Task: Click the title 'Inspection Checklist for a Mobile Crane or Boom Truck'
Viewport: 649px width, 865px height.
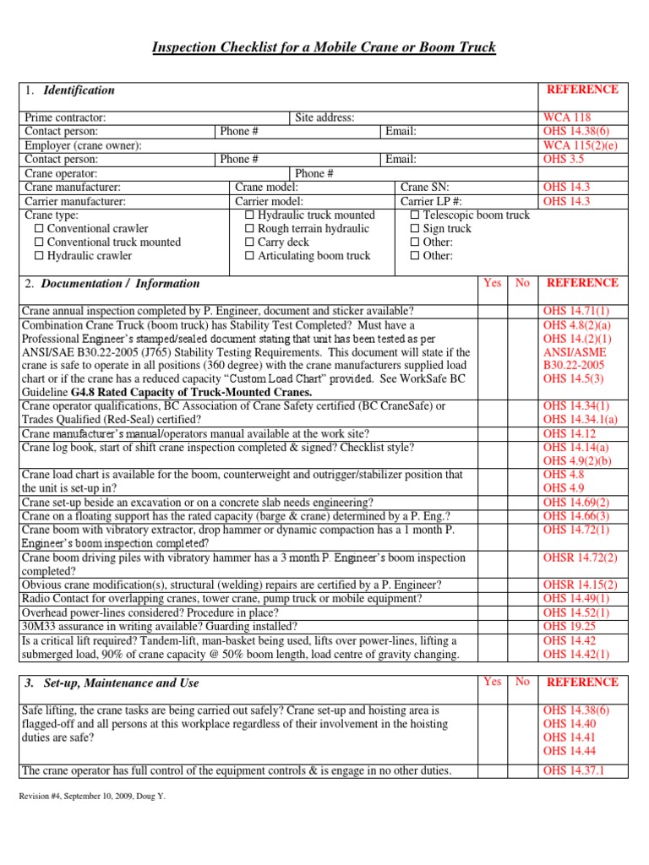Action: coord(324,47)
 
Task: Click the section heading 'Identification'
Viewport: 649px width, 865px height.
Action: coord(79,90)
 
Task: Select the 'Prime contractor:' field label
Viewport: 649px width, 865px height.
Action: coord(65,118)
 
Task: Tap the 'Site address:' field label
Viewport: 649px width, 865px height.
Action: coord(324,118)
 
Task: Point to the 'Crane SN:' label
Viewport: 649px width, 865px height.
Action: coord(424,187)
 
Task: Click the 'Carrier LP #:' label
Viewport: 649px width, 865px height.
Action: coord(431,201)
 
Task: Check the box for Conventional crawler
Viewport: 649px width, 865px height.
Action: coord(39,229)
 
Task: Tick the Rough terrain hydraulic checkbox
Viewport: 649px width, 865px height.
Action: coord(249,229)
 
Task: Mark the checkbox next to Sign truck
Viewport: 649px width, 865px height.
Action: coord(415,229)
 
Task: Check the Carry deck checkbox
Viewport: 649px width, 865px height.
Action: coord(249,242)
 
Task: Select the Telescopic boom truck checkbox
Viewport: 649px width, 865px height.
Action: coord(415,215)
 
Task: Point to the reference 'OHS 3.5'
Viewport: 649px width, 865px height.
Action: coord(564,159)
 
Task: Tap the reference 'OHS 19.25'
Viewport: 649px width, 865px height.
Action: coord(570,627)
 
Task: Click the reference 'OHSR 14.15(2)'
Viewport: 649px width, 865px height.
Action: coord(581,585)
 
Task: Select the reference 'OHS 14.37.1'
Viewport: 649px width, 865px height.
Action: coord(574,770)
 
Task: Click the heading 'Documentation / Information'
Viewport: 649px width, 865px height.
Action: coord(120,284)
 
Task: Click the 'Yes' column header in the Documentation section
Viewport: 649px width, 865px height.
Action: coord(492,283)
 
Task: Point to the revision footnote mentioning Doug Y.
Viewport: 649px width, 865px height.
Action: coord(93,796)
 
